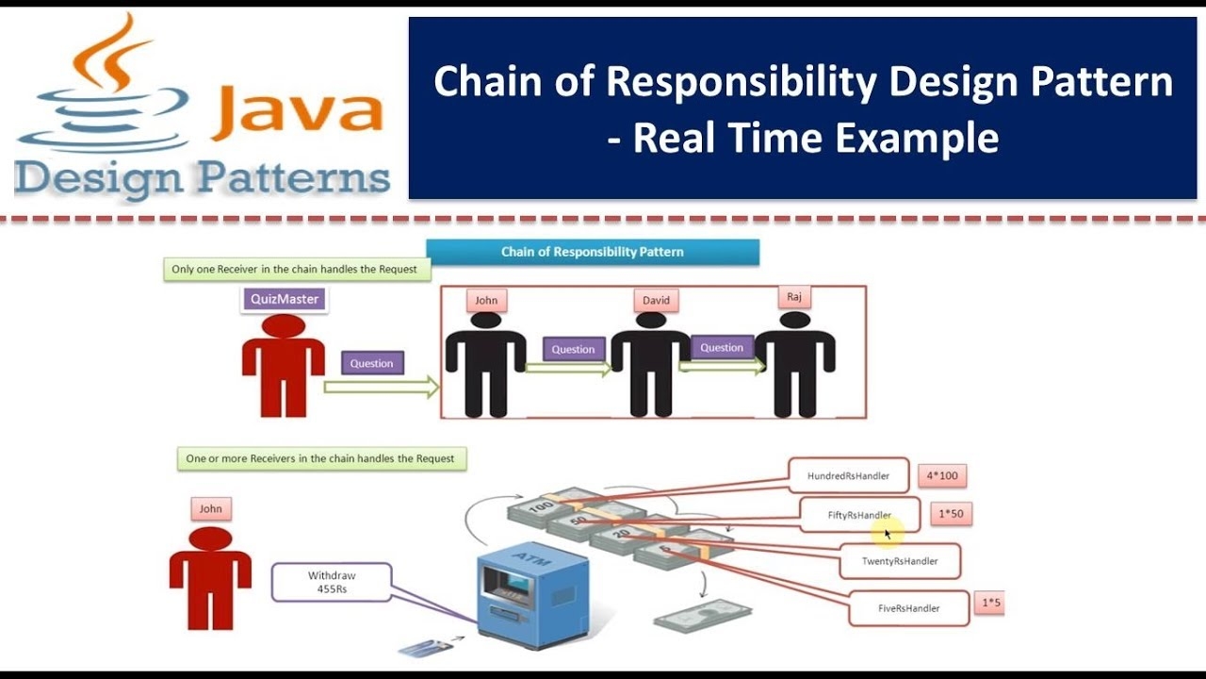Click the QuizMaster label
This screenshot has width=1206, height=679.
(x=285, y=299)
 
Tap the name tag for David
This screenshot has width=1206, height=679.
(x=656, y=300)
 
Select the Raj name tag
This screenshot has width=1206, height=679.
(x=793, y=297)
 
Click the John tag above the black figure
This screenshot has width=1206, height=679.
(x=486, y=300)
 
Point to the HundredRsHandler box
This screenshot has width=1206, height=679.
(x=848, y=476)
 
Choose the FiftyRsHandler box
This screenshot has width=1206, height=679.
(x=858, y=515)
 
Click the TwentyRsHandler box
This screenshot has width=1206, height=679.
(x=899, y=561)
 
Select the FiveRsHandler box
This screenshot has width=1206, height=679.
(x=908, y=608)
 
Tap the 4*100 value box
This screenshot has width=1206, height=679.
(x=941, y=475)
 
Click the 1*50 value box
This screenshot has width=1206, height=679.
(x=951, y=514)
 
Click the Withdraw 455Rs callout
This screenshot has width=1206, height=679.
(x=332, y=582)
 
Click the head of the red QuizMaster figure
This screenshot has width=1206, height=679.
(x=284, y=326)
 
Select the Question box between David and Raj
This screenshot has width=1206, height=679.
(x=722, y=347)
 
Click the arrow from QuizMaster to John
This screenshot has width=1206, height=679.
(x=381, y=387)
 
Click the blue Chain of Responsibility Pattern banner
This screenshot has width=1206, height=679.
(x=592, y=252)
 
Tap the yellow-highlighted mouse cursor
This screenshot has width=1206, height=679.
(x=887, y=534)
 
